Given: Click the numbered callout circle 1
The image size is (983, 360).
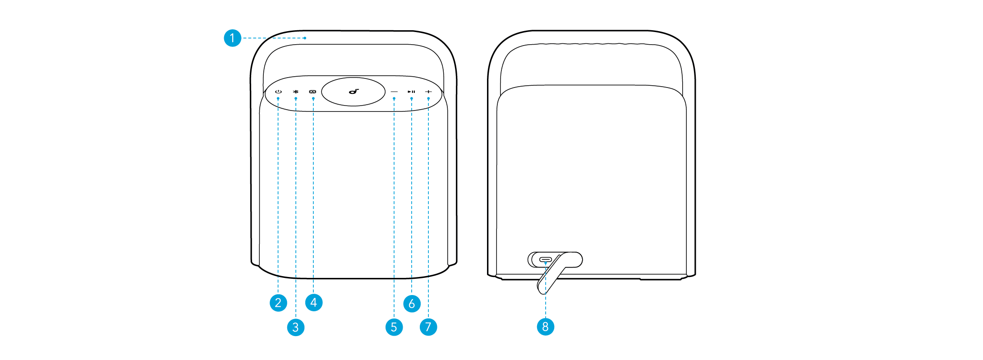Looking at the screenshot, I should pyautogui.click(x=232, y=38).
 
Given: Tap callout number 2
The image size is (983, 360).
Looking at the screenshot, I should pyautogui.click(x=278, y=303).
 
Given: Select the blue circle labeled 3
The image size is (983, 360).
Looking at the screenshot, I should pyautogui.click(x=296, y=327).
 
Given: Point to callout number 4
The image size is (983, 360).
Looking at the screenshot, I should pyautogui.click(x=314, y=302).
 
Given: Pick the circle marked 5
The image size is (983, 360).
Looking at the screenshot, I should pyautogui.click(x=394, y=327).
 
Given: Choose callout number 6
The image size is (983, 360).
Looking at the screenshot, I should pyautogui.click(x=412, y=304).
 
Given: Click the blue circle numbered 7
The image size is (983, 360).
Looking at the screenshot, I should pyautogui.click(x=428, y=327).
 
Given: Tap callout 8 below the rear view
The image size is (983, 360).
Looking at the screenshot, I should pyautogui.click(x=546, y=327).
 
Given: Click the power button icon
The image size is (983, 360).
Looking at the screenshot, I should pyautogui.click(x=278, y=92).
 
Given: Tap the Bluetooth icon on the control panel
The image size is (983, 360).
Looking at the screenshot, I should pyautogui.click(x=296, y=92).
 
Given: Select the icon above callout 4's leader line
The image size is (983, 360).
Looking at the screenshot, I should pyautogui.click(x=312, y=92).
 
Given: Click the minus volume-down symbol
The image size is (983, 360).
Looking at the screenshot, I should pyautogui.click(x=395, y=92).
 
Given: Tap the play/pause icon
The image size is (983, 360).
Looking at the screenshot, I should pyautogui.click(x=411, y=92).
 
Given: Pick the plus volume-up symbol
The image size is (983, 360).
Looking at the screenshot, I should pyautogui.click(x=428, y=92).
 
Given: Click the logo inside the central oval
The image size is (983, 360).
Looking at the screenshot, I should pyautogui.click(x=354, y=92).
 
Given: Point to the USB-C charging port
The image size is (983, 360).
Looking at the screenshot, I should pyautogui.click(x=546, y=260).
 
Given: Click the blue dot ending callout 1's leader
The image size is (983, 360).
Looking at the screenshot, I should pyautogui.click(x=305, y=38).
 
